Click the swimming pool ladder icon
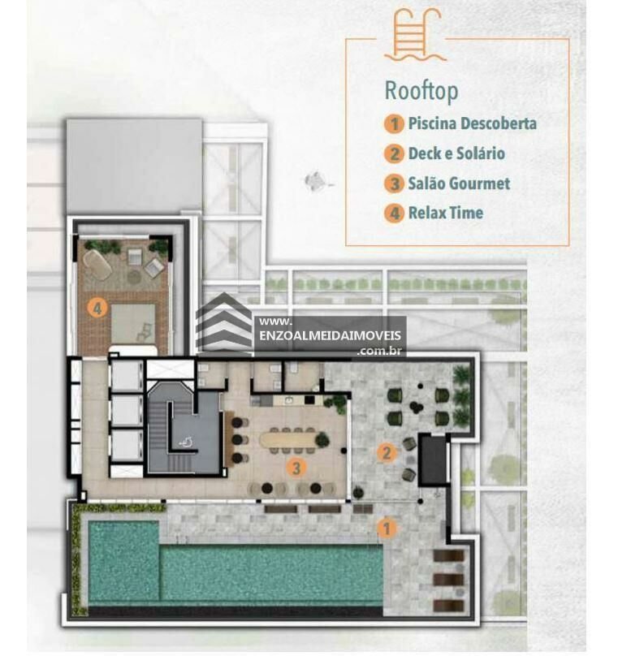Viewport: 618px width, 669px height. (414, 35)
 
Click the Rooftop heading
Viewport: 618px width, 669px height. (421, 91)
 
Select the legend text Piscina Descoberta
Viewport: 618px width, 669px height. (472, 123)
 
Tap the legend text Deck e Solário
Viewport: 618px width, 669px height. (456, 153)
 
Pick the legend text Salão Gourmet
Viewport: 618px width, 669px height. (459, 183)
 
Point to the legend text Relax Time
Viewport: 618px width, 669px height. (446, 213)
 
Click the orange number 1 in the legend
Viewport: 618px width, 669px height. (394, 124)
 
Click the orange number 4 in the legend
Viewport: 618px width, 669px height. (394, 214)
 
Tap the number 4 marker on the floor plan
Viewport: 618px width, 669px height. (97, 308)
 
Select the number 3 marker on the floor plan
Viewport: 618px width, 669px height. (296, 468)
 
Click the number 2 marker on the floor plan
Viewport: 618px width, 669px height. (387, 453)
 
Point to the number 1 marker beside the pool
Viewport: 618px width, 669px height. (387, 529)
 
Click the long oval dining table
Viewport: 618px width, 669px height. (289, 439)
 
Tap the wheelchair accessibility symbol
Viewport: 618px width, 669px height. (185, 442)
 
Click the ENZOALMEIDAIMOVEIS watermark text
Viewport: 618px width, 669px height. (330, 335)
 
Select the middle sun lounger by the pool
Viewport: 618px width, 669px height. (448, 579)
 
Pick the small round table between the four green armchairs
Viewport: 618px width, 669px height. (416, 406)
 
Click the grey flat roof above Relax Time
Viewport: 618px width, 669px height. (134, 166)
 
